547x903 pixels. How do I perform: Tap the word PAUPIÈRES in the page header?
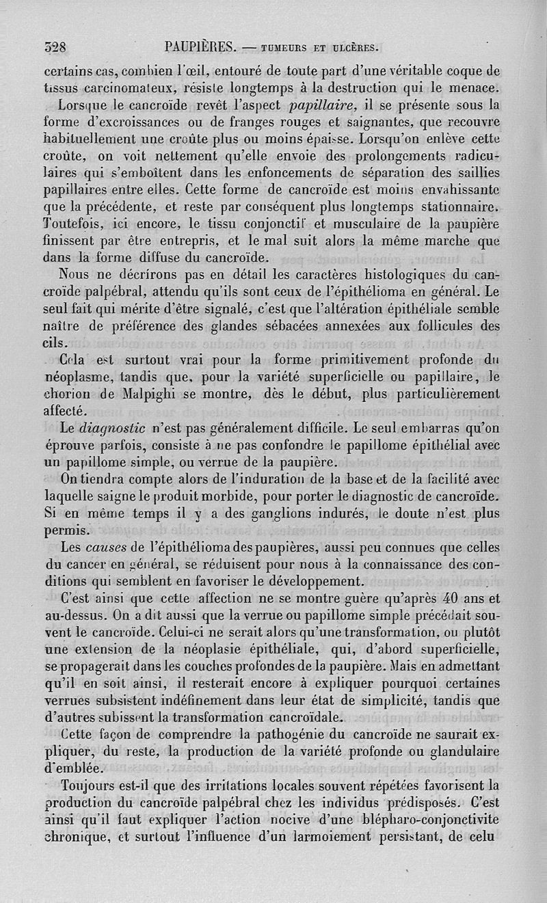(200, 47)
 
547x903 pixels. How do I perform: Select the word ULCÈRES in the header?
(354, 48)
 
